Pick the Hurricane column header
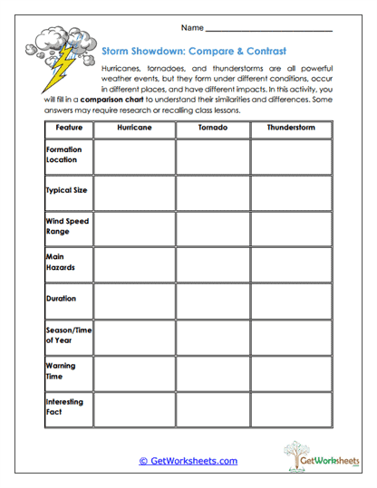pos(134,129)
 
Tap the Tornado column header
pos(213,129)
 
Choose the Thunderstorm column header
pos(291,129)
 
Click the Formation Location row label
pos(63,154)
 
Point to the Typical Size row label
pos(66,191)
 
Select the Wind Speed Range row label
pos(67,226)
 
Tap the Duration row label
pos(62,298)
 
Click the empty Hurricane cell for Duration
pos(134,299)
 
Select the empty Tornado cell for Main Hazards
pos(213,263)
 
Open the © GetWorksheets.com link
pos(188,461)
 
